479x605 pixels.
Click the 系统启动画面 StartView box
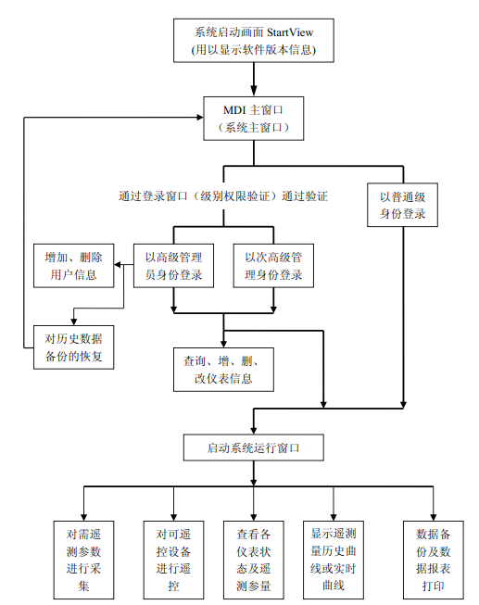(x=252, y=41)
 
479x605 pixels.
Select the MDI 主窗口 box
(x=252, y=118)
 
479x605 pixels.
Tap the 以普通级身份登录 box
(x=403, y=204)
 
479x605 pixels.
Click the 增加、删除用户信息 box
(x=73, y=265)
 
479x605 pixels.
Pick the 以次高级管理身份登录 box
(x=273, y=265)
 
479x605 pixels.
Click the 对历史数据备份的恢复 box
(x=73, y=347)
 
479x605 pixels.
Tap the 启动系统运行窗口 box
(x=252, y=448)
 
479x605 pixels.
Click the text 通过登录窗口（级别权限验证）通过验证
(x=223, y=196)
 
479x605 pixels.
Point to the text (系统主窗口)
(x=252, y=128)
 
